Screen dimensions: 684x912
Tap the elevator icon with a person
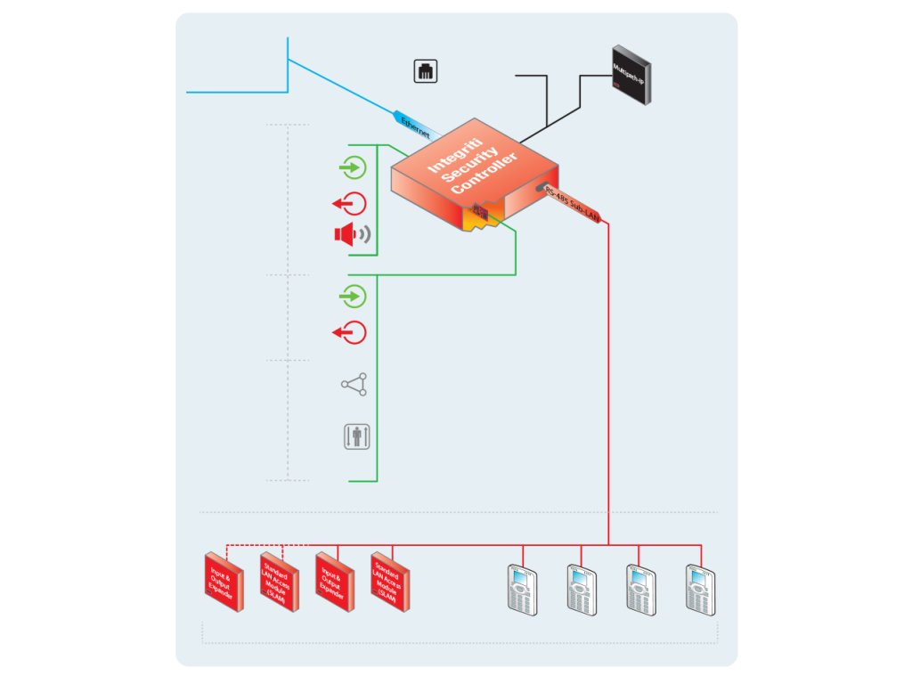coord(355,437)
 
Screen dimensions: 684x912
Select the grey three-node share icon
coord(354,385)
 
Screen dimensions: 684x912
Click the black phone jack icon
coord(427,71)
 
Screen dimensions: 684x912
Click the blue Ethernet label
coord(414,125)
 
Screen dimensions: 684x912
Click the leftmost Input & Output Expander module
coord(222,582)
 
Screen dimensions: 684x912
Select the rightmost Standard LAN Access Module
coord(388,582)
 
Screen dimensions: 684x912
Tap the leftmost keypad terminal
coord(521,589)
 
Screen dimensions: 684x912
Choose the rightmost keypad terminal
coord(700,589)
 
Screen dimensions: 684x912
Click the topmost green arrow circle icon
coord(354,167)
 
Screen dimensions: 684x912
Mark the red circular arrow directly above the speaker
coord(350,203)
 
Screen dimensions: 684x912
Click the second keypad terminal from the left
coord(581,589)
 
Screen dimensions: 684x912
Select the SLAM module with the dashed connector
coord(278,582)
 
